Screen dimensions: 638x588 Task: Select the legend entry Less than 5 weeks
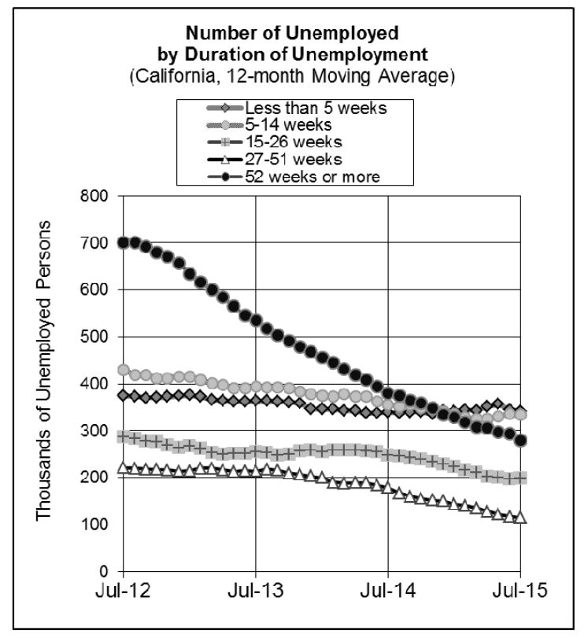pos(316,108)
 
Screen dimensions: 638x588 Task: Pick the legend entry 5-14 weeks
pos(287,125)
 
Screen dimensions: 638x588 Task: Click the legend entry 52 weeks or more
pos(312,177)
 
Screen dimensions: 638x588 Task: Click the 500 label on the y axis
pos(97,337)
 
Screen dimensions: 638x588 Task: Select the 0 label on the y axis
pos(104,571)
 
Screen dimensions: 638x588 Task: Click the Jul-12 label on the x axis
pos(124,590)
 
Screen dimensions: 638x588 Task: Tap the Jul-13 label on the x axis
pos(256,590)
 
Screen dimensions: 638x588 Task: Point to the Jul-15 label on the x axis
pos(520,590)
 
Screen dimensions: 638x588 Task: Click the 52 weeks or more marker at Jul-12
pos(124,242)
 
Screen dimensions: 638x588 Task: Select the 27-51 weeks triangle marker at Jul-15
pos(520,517)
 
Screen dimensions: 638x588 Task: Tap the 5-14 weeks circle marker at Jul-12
pos(124,370)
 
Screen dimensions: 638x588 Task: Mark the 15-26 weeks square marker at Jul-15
pos(520,478)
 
